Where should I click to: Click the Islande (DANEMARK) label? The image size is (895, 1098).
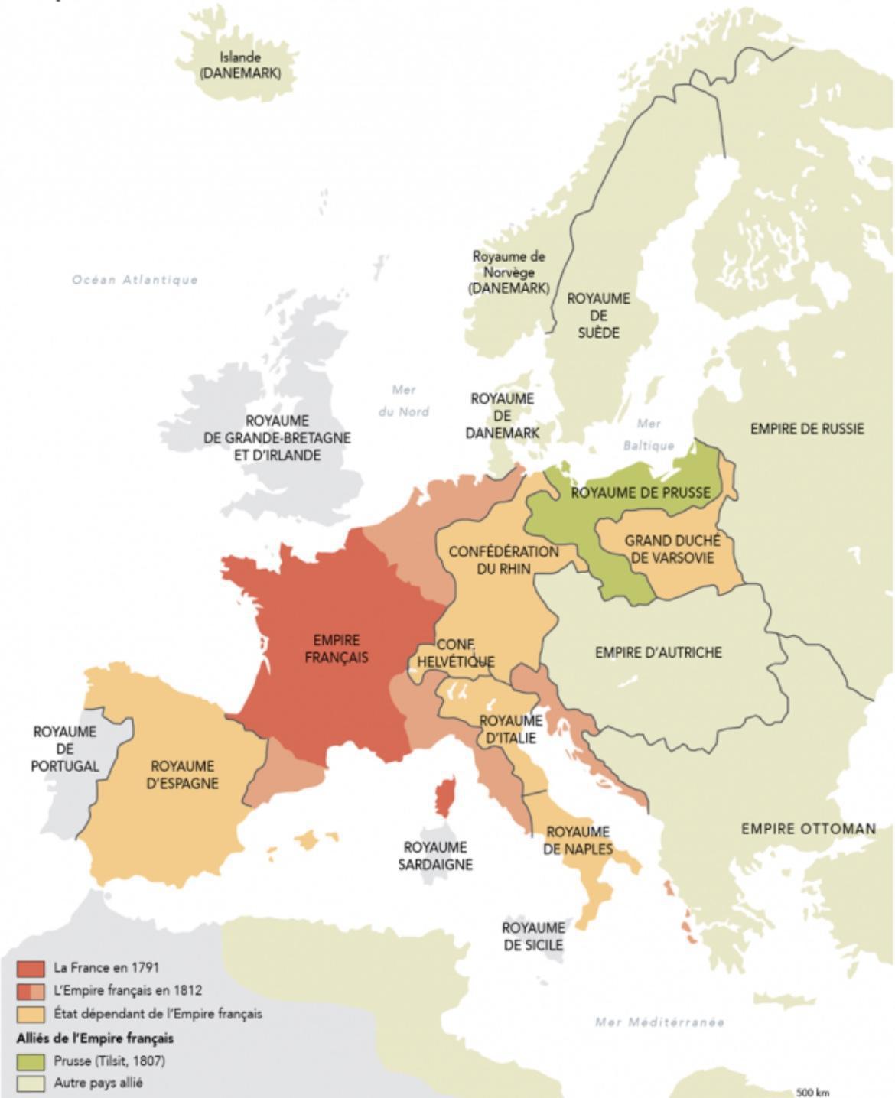239,66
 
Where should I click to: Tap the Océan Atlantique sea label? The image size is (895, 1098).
135,280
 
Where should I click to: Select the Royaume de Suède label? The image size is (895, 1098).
598,315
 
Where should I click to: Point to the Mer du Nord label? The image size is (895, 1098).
403,401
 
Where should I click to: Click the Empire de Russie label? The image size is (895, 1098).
806,429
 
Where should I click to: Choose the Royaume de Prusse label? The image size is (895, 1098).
640,493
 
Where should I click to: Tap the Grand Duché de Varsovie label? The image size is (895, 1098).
672,549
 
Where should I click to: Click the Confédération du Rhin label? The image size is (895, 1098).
503,560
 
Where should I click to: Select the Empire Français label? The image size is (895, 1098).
337,648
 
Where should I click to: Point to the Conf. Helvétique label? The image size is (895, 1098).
456,653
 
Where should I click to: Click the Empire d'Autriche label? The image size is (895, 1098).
658,652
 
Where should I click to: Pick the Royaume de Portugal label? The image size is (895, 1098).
65,749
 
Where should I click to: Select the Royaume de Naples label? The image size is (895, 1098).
578,840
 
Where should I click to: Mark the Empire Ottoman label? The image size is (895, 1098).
808,829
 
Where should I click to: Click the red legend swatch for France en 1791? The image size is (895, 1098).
31,968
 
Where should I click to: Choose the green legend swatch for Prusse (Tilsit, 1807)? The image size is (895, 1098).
31,1061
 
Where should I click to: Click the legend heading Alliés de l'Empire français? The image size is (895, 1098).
95,1038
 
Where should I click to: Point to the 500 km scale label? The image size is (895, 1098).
812,1092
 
